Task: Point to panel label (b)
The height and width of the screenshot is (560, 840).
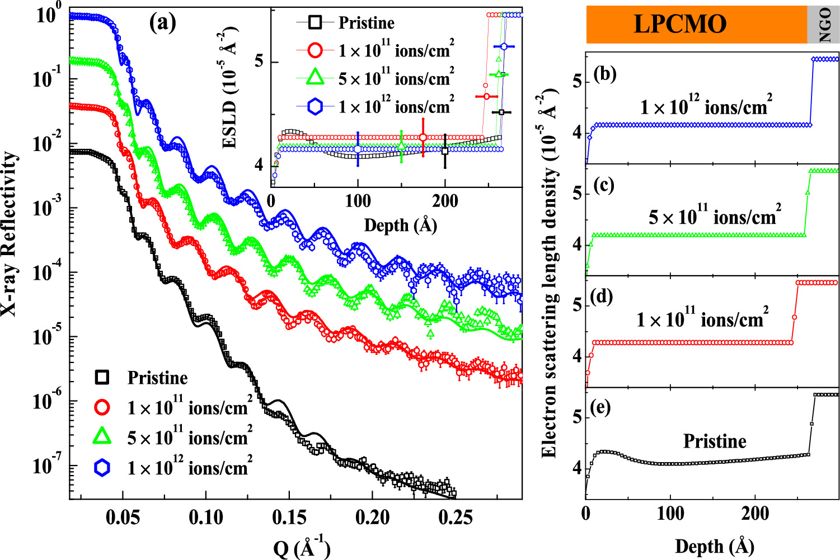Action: coord(605,74)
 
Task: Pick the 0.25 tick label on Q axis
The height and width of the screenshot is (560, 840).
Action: coord(456,517)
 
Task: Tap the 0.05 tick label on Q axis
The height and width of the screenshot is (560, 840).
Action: coord(123,517)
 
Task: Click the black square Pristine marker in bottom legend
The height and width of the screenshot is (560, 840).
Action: coord(102,378)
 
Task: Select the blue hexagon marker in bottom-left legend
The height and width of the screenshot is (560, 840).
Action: coord(102,468)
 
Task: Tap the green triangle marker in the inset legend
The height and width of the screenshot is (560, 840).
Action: coord(316,78)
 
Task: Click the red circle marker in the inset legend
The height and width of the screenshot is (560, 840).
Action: coord(316,50)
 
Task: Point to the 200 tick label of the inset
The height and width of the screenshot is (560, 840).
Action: coord(445,201)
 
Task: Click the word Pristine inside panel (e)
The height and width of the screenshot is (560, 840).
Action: coord(715,441)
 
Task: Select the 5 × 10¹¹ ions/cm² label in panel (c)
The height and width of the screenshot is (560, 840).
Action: coord(715,216)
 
